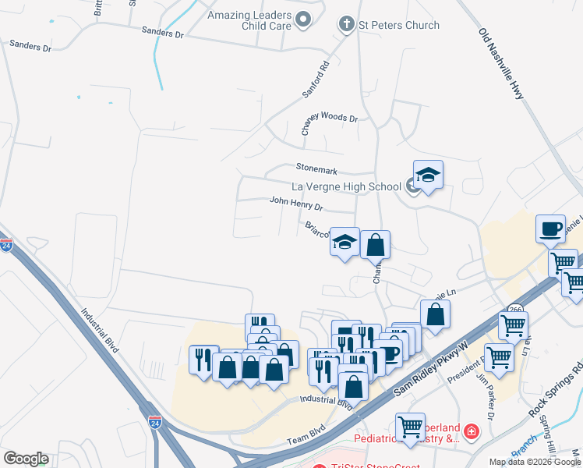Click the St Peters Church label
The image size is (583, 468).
tap(399, 25)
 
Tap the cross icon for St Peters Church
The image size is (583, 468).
tap(346, 25)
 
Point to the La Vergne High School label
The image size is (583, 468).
tap(345, 186)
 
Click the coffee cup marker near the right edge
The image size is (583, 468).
tap(551, 229)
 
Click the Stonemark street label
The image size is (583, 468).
tap(315, 167)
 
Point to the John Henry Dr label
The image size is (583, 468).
tap(296, 204)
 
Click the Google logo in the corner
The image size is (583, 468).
tap(26, 459)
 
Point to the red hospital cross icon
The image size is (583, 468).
tap(471, 431)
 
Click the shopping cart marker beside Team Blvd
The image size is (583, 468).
tap(410, 426)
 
